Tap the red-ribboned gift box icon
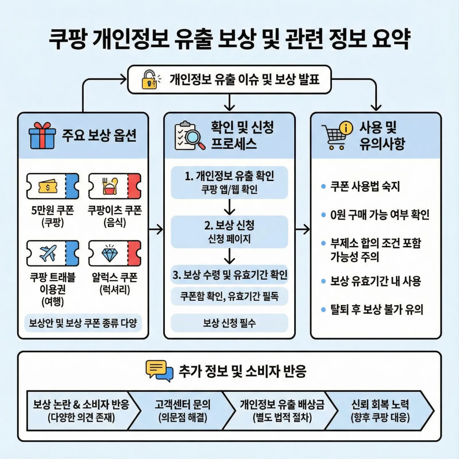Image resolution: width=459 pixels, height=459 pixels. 42,136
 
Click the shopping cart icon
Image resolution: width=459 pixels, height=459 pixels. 337,136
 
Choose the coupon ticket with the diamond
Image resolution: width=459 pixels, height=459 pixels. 114,253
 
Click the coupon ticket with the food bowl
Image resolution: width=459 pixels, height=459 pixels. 114,186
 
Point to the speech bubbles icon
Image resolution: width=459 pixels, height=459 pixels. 159,371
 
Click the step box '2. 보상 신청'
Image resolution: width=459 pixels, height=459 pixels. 229,232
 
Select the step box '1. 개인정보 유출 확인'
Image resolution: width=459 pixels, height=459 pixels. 229,182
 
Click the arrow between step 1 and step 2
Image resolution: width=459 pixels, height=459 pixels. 229,207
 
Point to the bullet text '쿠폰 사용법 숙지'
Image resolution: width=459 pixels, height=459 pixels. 365,187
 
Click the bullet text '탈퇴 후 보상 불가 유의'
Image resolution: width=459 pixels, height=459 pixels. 377,309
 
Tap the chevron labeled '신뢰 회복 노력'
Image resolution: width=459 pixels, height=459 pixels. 380,411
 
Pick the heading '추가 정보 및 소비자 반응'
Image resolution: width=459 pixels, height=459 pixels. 242,371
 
